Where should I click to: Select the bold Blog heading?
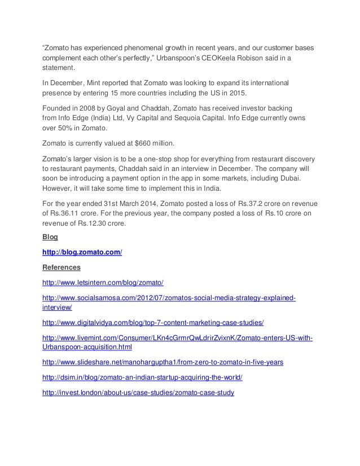49,236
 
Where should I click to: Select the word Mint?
99,84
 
